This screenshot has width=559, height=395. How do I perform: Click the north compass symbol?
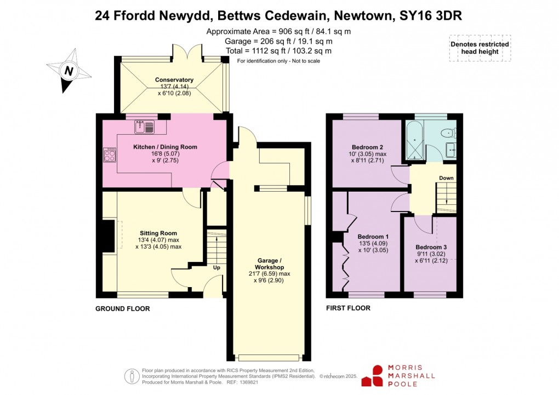click(x=68, y=71)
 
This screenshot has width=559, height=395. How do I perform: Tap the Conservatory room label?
click(x=174, y=80)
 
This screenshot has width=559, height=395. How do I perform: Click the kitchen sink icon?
click(x=144, y=127)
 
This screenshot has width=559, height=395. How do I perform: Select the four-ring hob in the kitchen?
click(x=108, y=155)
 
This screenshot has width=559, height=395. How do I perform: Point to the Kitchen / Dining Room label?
click(x=165, y=147)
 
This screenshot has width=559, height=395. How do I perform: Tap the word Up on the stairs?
click(x=217, y=268)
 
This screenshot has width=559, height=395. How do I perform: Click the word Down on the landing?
click(x=446, y=178)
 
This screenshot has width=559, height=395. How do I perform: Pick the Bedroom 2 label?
click(x=367, y=147)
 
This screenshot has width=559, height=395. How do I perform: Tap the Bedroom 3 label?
click(x=431, y=247)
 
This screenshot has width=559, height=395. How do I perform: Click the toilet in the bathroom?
click(x=450, y=132)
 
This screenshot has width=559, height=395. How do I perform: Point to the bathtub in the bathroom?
click(x=413, y=141)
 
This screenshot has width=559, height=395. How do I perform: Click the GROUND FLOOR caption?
click(x=123, y=309)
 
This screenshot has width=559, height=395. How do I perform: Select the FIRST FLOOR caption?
click(x=348, y=308)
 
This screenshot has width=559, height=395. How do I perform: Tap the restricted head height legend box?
click(x=480, y=48)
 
